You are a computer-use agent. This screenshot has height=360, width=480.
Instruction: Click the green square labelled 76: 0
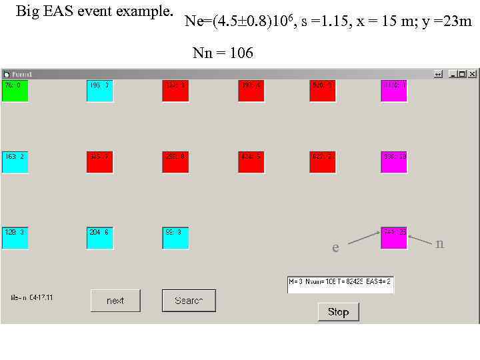coord(15,91)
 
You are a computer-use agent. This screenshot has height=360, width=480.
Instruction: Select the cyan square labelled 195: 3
coord(99,91)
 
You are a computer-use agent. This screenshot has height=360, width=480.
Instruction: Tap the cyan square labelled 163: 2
coord(15,162)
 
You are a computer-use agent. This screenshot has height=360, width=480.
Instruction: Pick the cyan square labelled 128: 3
coord(15,238)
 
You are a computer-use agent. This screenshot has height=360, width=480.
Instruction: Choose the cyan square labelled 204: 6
coord(99,238)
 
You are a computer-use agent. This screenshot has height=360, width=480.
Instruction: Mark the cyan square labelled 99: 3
coord(175,238)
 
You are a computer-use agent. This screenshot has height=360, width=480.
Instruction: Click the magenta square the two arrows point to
coord(393,238)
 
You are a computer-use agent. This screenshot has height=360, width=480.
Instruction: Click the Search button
coord(189,301)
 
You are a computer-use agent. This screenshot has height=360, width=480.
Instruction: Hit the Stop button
coord(338,311)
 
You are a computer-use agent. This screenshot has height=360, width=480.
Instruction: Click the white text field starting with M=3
coord(340,285)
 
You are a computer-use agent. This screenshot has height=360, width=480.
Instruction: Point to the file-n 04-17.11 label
coord(31,297)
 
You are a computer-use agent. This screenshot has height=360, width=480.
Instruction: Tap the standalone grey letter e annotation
coord(335,248)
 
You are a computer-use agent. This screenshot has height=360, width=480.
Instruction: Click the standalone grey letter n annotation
coord(439,244)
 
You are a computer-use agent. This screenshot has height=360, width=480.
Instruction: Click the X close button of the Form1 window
coord(471,74)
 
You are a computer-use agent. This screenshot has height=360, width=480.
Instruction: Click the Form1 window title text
coord(22,74)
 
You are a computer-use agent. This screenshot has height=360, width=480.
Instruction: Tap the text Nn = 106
coord(223,53)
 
